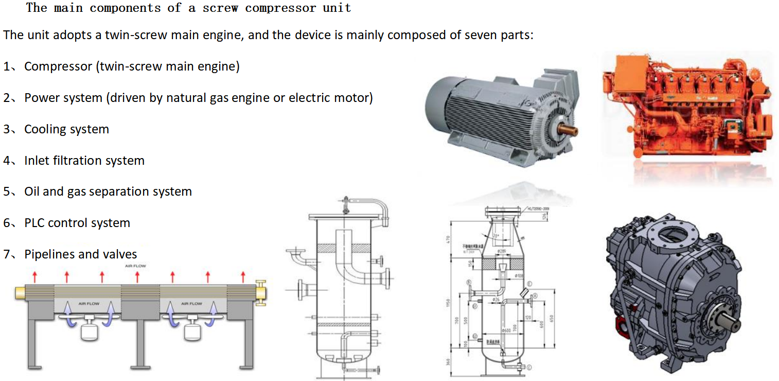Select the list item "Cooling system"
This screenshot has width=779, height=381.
pyautogui.click(x=66, y=129)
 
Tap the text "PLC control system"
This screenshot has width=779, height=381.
pyautogui.click(x=77, y=223)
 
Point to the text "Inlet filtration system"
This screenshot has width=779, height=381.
pyautogui.click(x=84, y=161)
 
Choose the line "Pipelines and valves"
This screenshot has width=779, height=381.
pyautogui.click(x=80, y=254)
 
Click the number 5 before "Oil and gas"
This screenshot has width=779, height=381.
pyautogui.click(x=7, y=192)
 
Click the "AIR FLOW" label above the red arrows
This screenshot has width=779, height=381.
pyautogui.click(x=135, y=266)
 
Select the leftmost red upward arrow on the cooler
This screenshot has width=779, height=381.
pyautogui.click(x=34, y=276)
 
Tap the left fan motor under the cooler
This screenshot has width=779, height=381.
pyautogui.click(x=91, y=330)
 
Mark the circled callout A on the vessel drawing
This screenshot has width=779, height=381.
pyautogui.click(x=535, y=296)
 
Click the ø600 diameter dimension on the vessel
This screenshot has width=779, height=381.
pyautogui.click(x=506, y=330)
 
